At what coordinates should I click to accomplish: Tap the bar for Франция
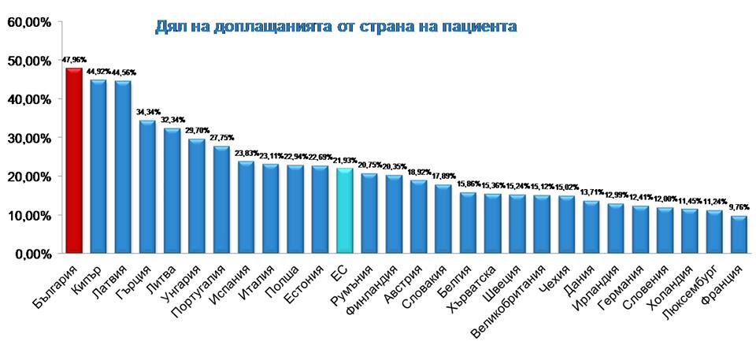pyautogui.click(x=738, y=234)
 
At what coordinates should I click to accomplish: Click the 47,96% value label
pyautogui.click(x=75, y=59)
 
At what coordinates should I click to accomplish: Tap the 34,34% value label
pyautogui.click(x=148, y=112)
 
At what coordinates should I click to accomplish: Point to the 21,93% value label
pyautogui.click(x=344, y=161)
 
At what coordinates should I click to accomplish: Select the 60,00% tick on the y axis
pyautogui.click(x=29, y=22)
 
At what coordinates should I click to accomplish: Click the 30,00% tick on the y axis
pyautogui.click(x=29, y=138)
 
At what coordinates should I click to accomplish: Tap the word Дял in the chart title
pyautogui.click(x=169, y=28)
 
